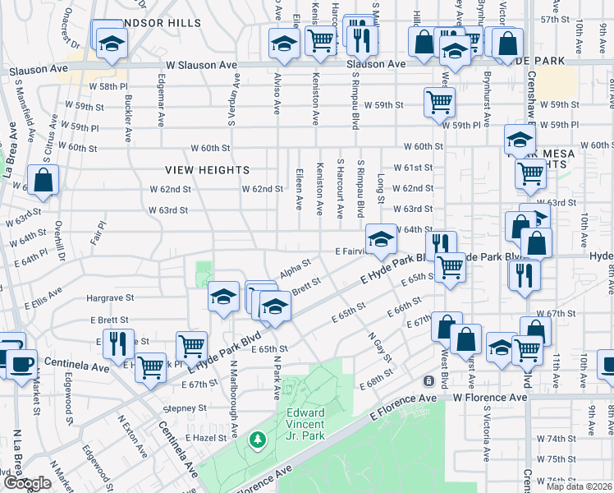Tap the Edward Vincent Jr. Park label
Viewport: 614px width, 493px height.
coord(305,424)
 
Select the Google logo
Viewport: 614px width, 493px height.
coord(27,484)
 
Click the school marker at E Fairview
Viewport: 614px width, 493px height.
coord(380,239)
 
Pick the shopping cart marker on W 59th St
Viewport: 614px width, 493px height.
coord(440,103)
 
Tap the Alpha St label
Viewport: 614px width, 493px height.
coord(296,268)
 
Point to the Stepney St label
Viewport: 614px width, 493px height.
coord(185,408)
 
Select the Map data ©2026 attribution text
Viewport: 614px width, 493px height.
coord(576,486)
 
